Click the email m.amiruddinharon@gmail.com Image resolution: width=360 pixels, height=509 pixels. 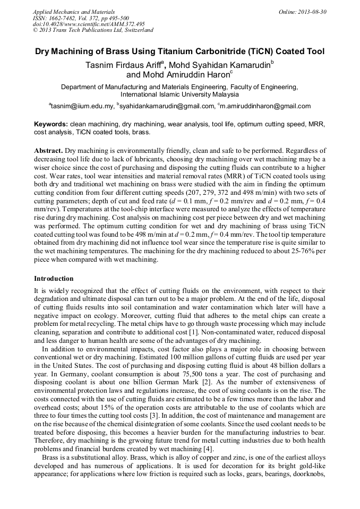point(265,106)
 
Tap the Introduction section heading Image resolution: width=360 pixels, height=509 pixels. point(54,278)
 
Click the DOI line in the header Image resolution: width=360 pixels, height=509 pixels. point(89,24)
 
